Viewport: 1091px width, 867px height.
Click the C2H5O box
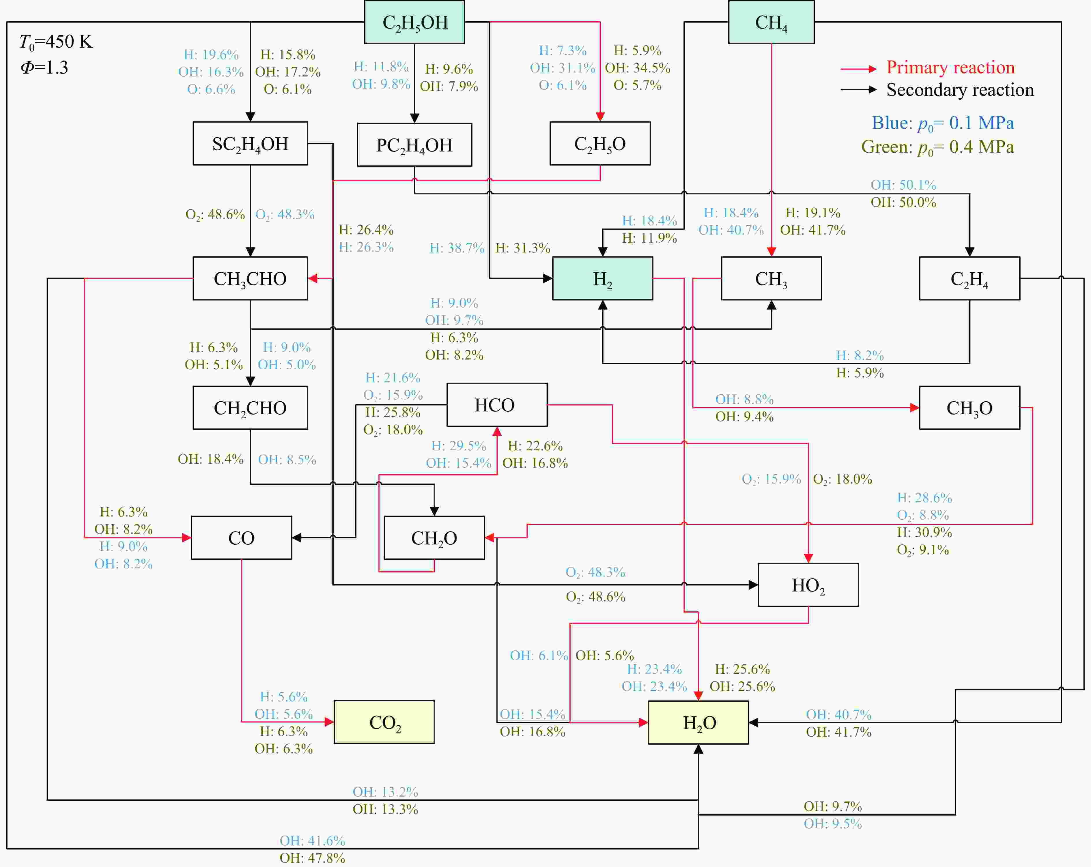pyautogui.click(x=600, y=144)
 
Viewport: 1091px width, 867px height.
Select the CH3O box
pyautogui.click(x=969, y=408)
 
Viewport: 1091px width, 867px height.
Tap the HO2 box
pyautogui.click(x=808, y=585)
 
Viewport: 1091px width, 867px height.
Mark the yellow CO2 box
pyautogui.click(x=384, y=722)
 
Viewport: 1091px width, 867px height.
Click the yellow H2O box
pyautogui.click(x=698, y=722)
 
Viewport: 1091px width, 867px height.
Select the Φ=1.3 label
pyautogui.click(x=44, y=67)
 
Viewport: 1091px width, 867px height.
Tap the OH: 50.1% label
pyautogui.click(x=903, y=185)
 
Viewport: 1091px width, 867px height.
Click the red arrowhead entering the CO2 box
pyautogui.click(x=329, y=722)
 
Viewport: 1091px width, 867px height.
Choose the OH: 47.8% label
pyautogui.click(x=312, y=858)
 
